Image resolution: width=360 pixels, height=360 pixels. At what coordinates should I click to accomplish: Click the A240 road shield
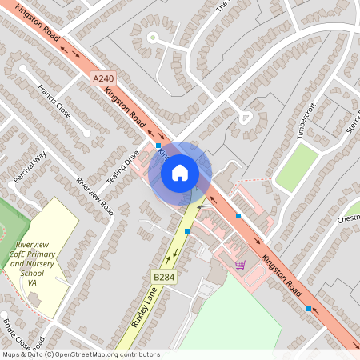point(103,79)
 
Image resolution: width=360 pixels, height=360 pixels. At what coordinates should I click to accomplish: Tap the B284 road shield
point(164,277)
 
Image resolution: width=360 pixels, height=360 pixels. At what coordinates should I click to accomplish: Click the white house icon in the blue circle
point(180,171)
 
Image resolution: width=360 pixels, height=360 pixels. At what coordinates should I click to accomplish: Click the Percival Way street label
point(30,166)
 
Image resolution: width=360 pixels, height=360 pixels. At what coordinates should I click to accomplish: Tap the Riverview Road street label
point(95,196)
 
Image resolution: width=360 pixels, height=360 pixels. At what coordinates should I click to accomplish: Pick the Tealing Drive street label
point(122,165)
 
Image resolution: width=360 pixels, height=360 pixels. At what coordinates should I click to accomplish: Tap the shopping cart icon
point(239,264)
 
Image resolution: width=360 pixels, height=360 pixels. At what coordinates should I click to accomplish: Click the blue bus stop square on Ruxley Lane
point(187,231)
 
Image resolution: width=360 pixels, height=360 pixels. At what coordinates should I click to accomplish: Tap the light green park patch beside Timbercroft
point(297,167)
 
